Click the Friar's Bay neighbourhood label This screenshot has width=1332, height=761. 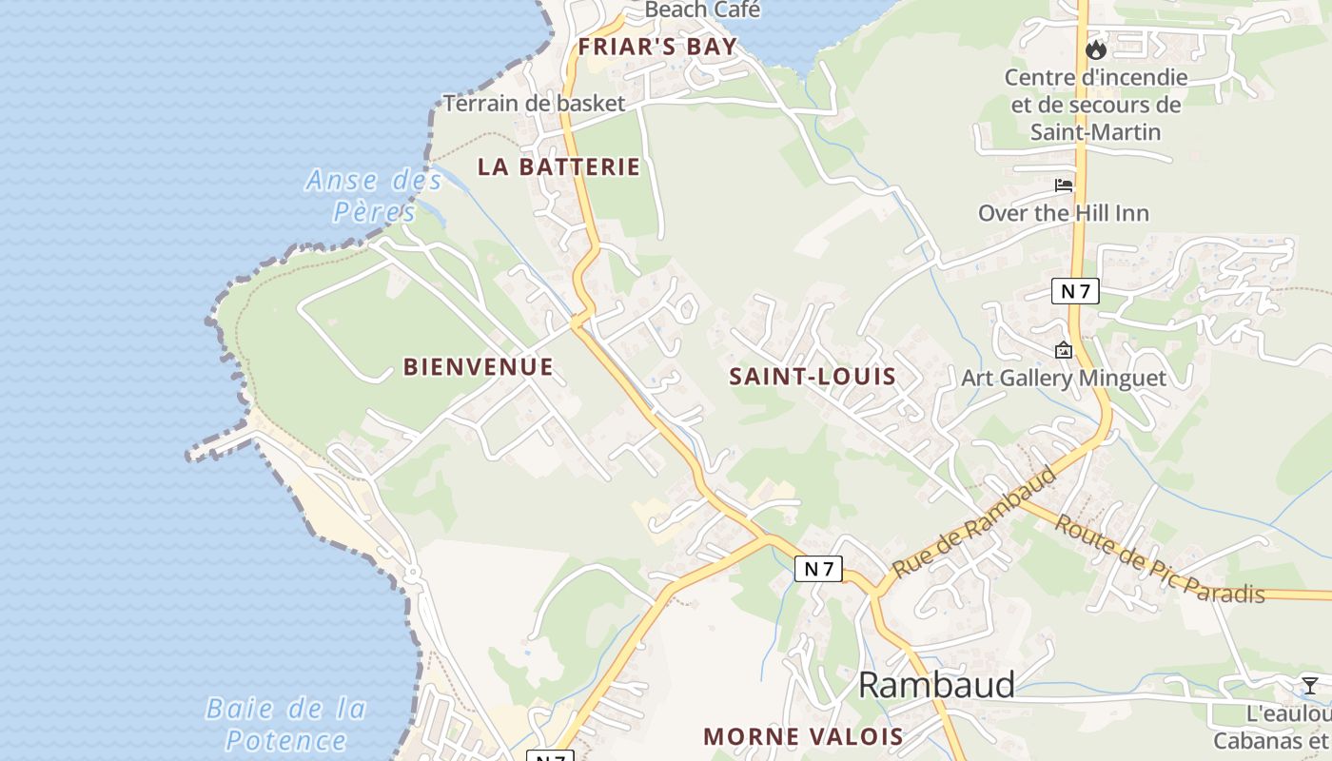(657, 46)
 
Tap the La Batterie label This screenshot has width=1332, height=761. (558, 166)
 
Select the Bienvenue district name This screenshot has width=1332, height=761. (478, 366)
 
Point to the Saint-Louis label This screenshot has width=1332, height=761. (813, 376)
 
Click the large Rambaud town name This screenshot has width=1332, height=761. (936, 685)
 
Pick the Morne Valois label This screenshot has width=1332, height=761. (803, 735)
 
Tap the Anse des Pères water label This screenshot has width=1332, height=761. (374, 195)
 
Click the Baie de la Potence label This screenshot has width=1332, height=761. (286, 724)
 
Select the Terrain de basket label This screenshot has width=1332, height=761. (534, 103)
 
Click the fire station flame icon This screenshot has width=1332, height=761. (1096, 49)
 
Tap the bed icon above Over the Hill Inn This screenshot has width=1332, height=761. (1064, 185)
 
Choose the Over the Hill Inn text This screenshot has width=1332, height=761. (1064, 213)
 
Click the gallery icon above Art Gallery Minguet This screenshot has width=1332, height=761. (1064, 350)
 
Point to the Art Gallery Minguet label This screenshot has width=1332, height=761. (1064, 378)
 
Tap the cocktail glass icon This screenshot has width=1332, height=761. (1310, 685)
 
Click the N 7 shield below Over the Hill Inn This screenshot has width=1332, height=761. (1075, 291)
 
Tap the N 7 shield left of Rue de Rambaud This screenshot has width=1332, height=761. (818, 569)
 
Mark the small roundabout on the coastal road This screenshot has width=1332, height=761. (413, 573)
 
